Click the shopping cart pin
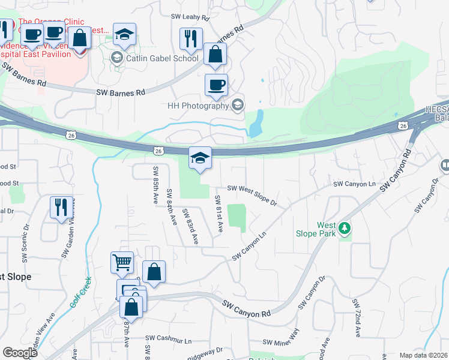122,262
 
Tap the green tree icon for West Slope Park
345,228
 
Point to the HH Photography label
199,106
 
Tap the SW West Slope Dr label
252,195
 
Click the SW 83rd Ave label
191,226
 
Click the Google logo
20,352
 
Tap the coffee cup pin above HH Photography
216,85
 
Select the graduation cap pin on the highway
200,158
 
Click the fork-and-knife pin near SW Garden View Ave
61,208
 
